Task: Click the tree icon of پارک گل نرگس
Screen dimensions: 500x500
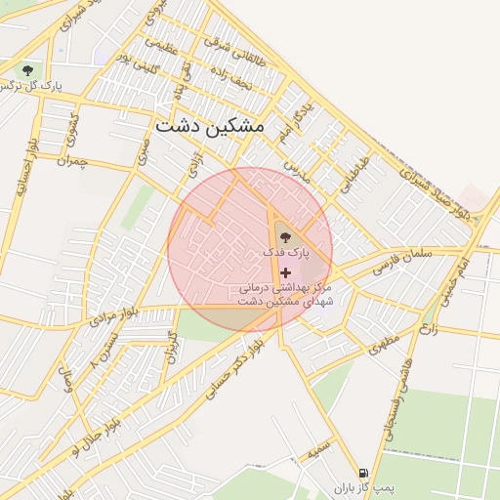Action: [x=27, y=70]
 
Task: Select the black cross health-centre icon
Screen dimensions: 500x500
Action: [x=284, y=271]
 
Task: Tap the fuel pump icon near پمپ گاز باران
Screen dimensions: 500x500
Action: [x=363, y=472]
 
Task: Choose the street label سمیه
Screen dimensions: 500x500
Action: [x=314, y=453]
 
